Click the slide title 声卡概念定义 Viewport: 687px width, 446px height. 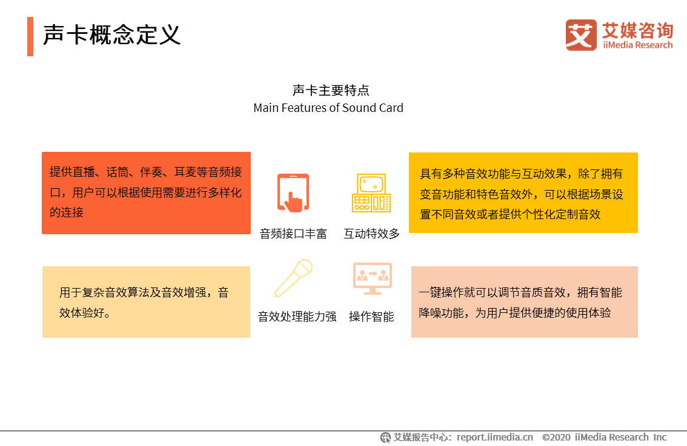point(112,36)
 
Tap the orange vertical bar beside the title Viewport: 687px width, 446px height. point(30,36)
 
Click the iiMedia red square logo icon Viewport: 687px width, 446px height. point(581,35)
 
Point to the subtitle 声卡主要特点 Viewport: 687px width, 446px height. point(331,91)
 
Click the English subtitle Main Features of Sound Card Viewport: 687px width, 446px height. point(328,108)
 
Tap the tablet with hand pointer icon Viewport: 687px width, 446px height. point(293,193)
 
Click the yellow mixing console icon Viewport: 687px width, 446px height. point(371,193)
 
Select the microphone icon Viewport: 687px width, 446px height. point(293,278)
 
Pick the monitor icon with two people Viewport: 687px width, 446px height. point(372,278)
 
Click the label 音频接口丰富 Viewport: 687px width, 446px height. point(293,234)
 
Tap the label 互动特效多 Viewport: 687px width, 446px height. point(371,234)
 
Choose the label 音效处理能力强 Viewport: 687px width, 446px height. point(297,316)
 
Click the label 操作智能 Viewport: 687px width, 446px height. point(371,316)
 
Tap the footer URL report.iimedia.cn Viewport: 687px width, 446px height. point(495,438)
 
